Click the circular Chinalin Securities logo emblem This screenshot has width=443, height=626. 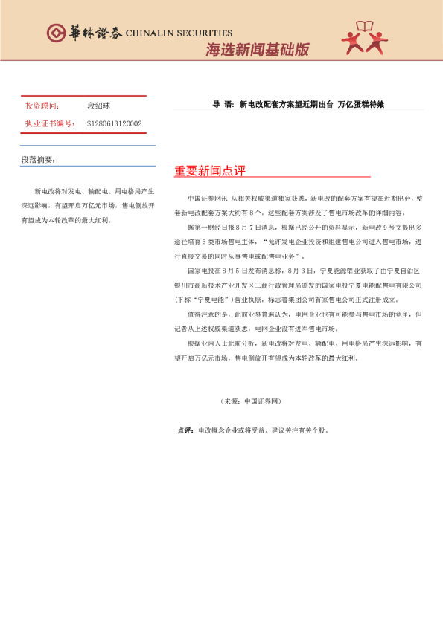tap(56, 33)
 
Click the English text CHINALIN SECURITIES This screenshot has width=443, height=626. tap(179, 33)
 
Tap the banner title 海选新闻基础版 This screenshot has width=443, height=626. tap(257, 50)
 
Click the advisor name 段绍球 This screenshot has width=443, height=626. tap(98, 106)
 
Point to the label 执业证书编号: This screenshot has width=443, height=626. tap(50, 123)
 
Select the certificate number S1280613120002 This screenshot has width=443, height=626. tap(115, 123)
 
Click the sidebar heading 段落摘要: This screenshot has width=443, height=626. tap(38, 160)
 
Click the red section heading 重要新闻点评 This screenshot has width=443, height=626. tap(209, 171)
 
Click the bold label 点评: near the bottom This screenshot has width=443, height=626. tap(185, 430)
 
